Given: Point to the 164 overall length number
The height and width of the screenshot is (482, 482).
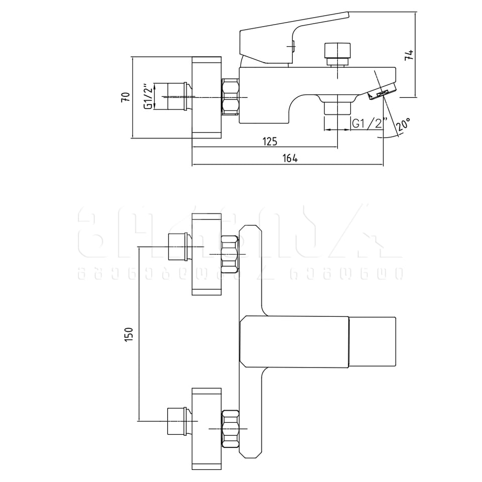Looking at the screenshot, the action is point(290,159).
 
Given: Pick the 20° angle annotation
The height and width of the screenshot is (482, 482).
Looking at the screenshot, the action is point(403,124).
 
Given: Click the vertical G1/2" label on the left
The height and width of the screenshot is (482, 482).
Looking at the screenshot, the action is point(148,97).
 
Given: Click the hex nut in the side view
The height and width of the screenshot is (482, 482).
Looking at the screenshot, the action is point(230,97).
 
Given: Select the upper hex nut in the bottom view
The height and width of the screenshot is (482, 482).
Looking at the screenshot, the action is point(230,254).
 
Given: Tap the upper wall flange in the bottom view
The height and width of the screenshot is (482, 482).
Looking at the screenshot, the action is point(206,254).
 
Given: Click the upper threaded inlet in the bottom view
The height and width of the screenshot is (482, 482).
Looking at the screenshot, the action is point(178,247).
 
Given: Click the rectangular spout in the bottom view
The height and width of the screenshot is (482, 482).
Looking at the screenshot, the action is point(317,341).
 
